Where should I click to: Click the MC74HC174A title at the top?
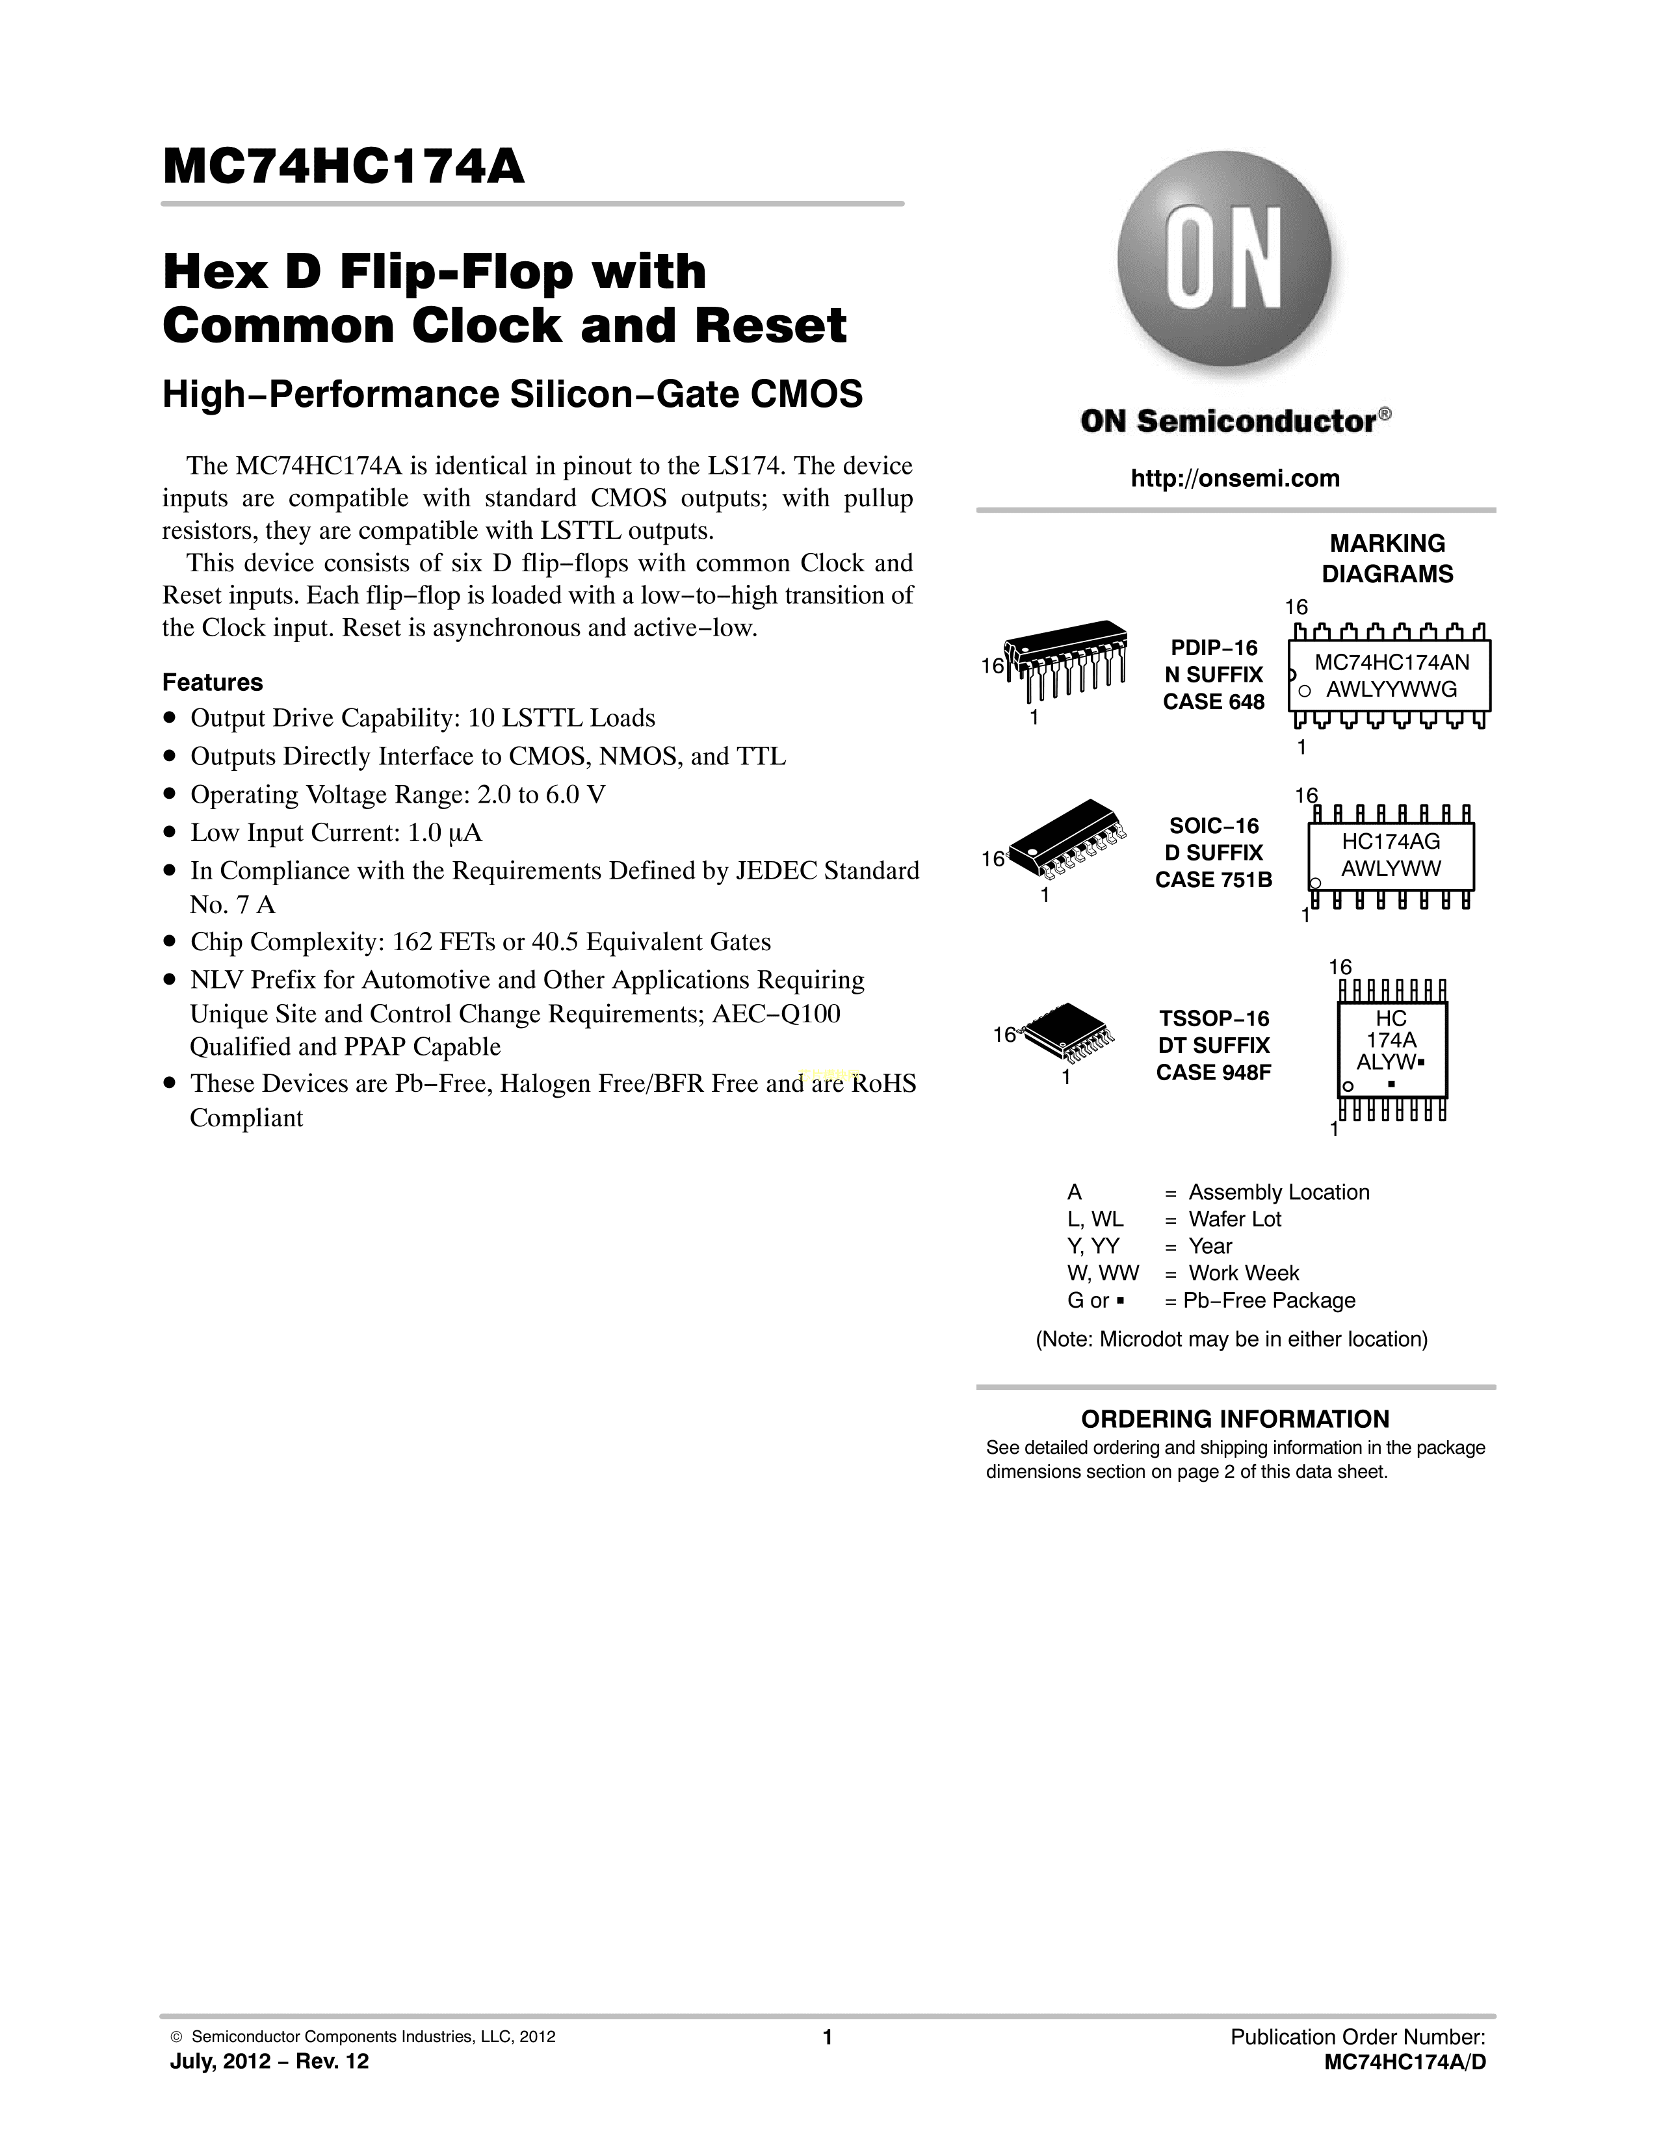click(344, 167)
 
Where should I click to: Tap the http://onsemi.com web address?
click(1234, 478)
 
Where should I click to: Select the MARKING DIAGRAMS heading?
click(1387, 558)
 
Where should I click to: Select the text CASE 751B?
click(1213, 879)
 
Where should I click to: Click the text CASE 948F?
click(1213, 1072)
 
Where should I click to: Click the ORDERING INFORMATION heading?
click(1234, 1419)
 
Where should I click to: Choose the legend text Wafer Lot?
click(1234, 1219)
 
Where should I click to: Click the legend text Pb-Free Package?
click(1269, 1300)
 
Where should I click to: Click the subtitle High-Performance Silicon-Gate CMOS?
click(512, 394)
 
